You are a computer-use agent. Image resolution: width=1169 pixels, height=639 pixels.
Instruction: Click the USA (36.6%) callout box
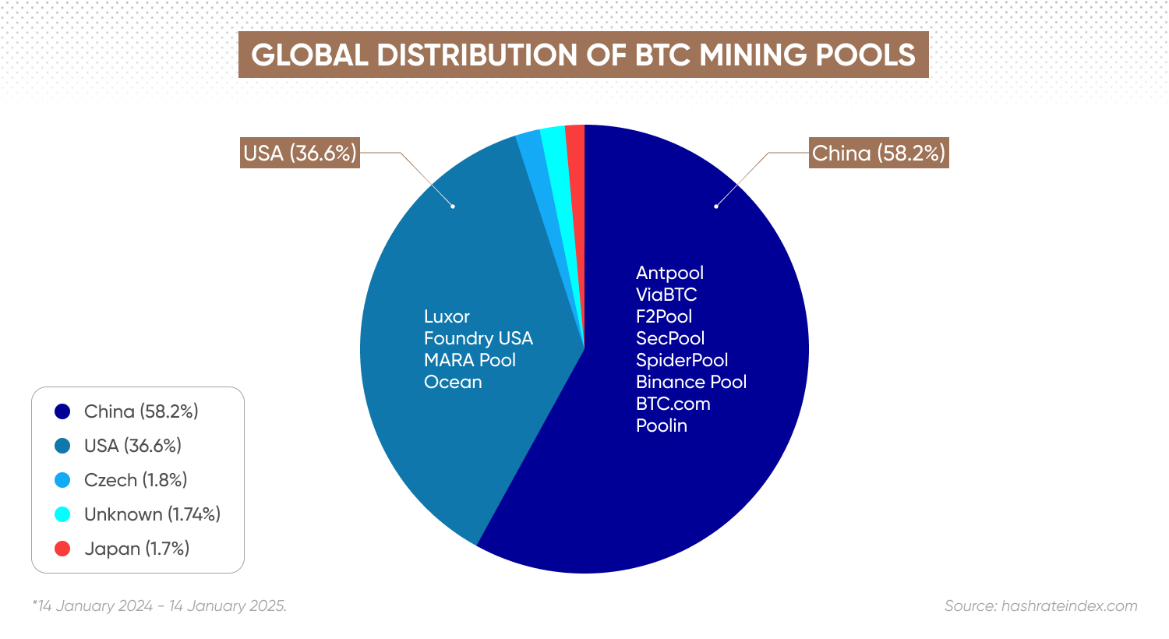300,153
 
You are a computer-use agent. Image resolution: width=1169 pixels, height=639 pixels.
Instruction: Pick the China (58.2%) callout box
879,153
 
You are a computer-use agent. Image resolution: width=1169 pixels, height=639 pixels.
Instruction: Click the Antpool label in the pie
669,273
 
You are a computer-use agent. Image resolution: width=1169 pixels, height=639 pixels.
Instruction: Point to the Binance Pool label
691,382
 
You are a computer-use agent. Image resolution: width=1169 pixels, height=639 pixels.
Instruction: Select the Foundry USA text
478,338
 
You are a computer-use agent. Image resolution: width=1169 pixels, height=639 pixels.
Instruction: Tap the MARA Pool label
470,360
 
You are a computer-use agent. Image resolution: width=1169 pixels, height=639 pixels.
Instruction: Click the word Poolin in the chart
662,425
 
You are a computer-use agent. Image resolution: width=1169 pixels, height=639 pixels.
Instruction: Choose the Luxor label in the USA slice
447,316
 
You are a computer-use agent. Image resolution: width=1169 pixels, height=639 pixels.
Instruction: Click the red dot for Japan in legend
62,549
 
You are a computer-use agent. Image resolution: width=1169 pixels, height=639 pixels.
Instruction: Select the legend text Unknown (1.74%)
153,515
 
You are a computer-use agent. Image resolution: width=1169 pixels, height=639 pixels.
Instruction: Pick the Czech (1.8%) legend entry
136,481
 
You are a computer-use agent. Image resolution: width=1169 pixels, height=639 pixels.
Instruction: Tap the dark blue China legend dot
62,411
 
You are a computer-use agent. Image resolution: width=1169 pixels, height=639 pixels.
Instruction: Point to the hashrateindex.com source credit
1040,605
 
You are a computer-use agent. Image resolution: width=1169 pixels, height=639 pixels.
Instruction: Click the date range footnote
160,605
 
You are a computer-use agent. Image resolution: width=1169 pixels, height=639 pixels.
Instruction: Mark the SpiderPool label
682,361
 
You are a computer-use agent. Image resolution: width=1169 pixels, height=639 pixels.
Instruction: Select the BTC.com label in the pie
673,404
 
